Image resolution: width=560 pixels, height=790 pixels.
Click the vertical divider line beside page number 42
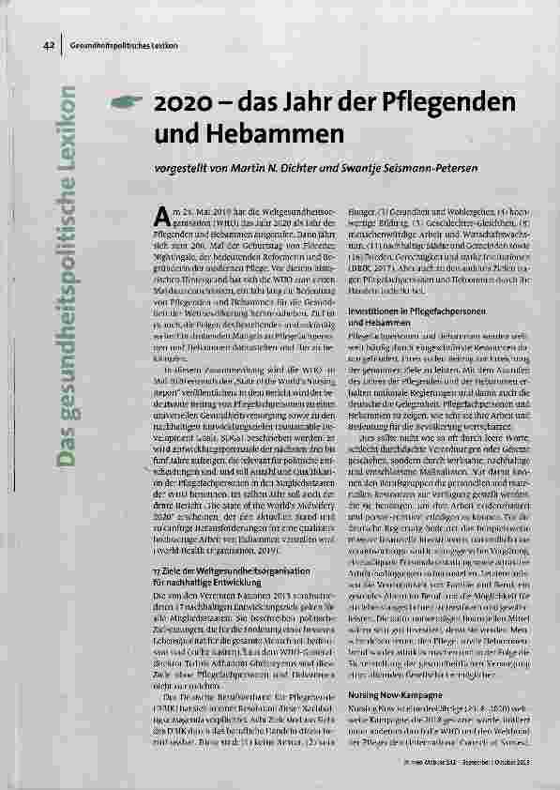[x=61, y=45]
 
